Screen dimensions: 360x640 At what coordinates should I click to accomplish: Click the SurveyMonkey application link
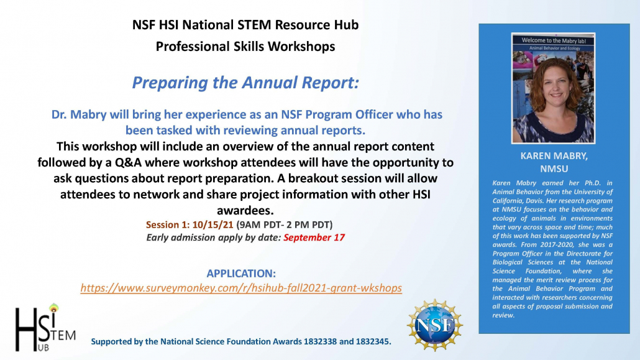point(241,288)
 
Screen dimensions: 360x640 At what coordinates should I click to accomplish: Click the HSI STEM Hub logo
point(44,327)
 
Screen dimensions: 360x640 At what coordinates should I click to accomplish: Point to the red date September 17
point(314,237)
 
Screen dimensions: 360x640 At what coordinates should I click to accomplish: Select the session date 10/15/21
point(213,224)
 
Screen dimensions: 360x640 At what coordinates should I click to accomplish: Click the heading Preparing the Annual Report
point(245,82)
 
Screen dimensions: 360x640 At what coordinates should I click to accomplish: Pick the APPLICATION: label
point(241,274)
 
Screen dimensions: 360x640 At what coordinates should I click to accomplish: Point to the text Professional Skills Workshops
point(245,46)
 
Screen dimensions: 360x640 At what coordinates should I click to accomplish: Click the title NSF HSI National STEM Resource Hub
point(245,25)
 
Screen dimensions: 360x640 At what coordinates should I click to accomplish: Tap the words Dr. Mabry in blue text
point(78,115)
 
